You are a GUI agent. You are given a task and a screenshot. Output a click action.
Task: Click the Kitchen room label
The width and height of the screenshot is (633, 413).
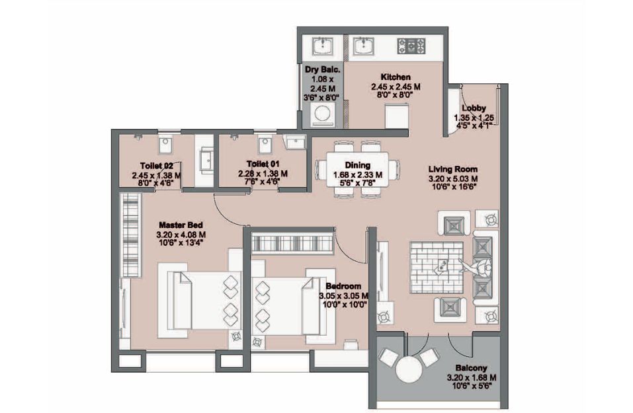click(x=396, y=77)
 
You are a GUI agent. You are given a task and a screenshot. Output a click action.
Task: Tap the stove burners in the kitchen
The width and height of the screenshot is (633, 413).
click(x=411, y=46)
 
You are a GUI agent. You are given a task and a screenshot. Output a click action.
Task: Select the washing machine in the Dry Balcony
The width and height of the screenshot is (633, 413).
click(x=321, y=114)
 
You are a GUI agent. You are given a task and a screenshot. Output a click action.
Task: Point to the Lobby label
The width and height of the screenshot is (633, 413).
click(x=474, y=108)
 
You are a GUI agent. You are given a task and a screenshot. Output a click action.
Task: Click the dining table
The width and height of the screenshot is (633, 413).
click(x=357, y=170)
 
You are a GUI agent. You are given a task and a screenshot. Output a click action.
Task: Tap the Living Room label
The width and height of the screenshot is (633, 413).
click(x=453, y=169)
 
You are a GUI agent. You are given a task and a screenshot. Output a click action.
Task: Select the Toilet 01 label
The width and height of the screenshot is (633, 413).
click(x=263, y=164)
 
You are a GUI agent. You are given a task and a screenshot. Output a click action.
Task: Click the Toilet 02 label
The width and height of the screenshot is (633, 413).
click(x=157, y=165)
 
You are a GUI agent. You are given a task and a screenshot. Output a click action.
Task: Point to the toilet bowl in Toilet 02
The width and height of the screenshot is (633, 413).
click(x=165, y=145)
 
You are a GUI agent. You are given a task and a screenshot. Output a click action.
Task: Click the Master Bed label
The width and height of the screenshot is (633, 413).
click(x=181, y=225)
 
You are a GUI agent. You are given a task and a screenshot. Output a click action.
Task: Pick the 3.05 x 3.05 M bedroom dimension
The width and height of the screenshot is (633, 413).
click(x=343, y=295)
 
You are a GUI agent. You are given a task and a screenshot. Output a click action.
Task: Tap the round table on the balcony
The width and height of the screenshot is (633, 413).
click(x=409, y=369)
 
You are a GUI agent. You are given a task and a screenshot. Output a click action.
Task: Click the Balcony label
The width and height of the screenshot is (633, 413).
click(x=471, y=368)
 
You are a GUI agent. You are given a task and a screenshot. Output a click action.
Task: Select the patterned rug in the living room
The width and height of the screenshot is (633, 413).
click(x=437, y=268)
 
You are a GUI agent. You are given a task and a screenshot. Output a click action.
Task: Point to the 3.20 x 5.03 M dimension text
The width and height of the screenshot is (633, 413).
click(x=453, y=178)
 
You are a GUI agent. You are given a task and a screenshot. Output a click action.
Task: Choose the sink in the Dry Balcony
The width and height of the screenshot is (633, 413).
click(x=323, y=46)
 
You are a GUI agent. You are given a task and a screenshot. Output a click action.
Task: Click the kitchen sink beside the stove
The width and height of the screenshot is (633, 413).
click(x=364, y=46)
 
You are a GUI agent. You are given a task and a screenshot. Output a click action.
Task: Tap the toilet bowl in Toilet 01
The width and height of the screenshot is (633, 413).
click(x=265, y=145)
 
